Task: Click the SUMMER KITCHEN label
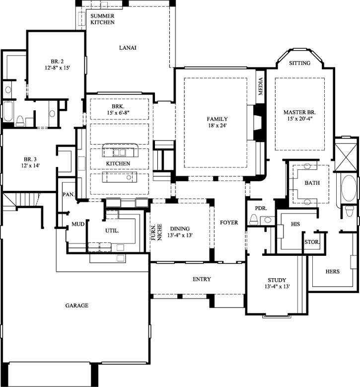coord(103,19)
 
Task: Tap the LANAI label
coord(128,48)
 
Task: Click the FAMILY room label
coord(217,119)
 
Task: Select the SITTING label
coord(299,63)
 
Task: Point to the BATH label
coord(312,183)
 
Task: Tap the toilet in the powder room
coord(253,219)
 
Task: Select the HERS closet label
coord(332,271)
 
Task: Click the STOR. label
coord(312,242)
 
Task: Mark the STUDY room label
coord(277,280)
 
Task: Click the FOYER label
coord(229,223)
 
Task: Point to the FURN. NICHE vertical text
coord(156,230)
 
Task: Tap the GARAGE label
coord(76,306)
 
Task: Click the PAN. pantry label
coord(68,195)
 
